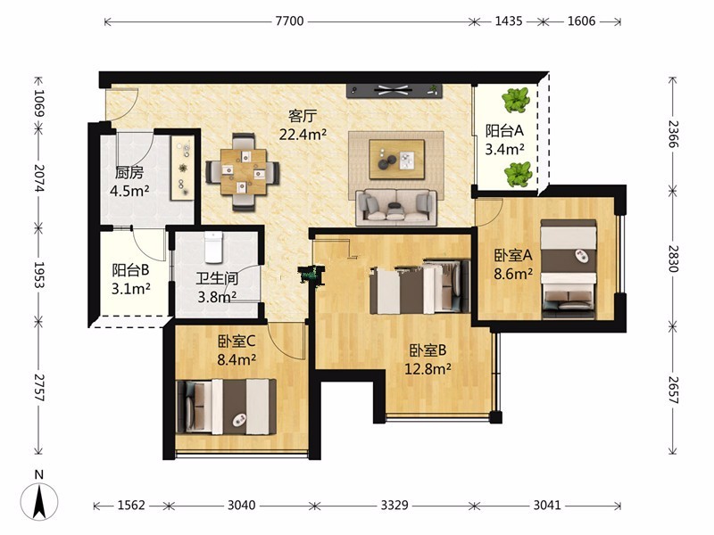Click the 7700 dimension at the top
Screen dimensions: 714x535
point(289,21)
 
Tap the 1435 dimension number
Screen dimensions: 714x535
point(508,21)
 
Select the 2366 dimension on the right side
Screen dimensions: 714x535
point(673,134)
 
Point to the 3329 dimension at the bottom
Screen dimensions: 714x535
point(394,505)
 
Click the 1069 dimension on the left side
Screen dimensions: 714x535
point(39,103)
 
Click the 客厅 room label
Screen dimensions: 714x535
point(302,116)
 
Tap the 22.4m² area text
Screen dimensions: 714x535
point(303,135)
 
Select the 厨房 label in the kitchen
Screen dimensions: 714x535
point(129,173)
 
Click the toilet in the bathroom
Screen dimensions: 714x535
point(213,247)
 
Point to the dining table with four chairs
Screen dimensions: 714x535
point(243,172)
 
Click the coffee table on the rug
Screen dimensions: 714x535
point(396,160)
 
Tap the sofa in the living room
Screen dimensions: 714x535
point(396,208)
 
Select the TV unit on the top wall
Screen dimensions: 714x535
point(394,91)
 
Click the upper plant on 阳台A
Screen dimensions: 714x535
point(516,100)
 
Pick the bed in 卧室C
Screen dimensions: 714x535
point(226,407)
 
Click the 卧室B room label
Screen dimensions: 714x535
point(428,350)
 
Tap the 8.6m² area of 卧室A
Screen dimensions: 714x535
point(513,274)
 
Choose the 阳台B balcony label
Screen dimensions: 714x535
point(130,270)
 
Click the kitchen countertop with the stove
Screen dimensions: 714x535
point(183,168)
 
